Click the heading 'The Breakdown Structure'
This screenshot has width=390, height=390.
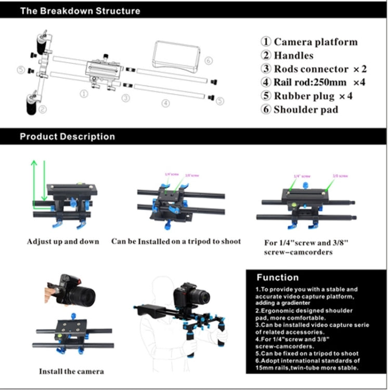click(80, 10)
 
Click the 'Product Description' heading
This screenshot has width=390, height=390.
click(67, 137)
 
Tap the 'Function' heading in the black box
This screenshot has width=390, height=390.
click(278, 277)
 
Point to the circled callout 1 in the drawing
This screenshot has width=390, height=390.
click(83, 94)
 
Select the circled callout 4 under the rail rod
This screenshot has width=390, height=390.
click(165, 103)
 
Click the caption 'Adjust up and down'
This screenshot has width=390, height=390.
click(63, 242)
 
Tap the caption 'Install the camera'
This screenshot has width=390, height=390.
click(71, 371)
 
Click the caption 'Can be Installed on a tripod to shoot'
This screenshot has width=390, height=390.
click(176, 242)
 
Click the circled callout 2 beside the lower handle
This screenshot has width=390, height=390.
click(43, 109)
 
